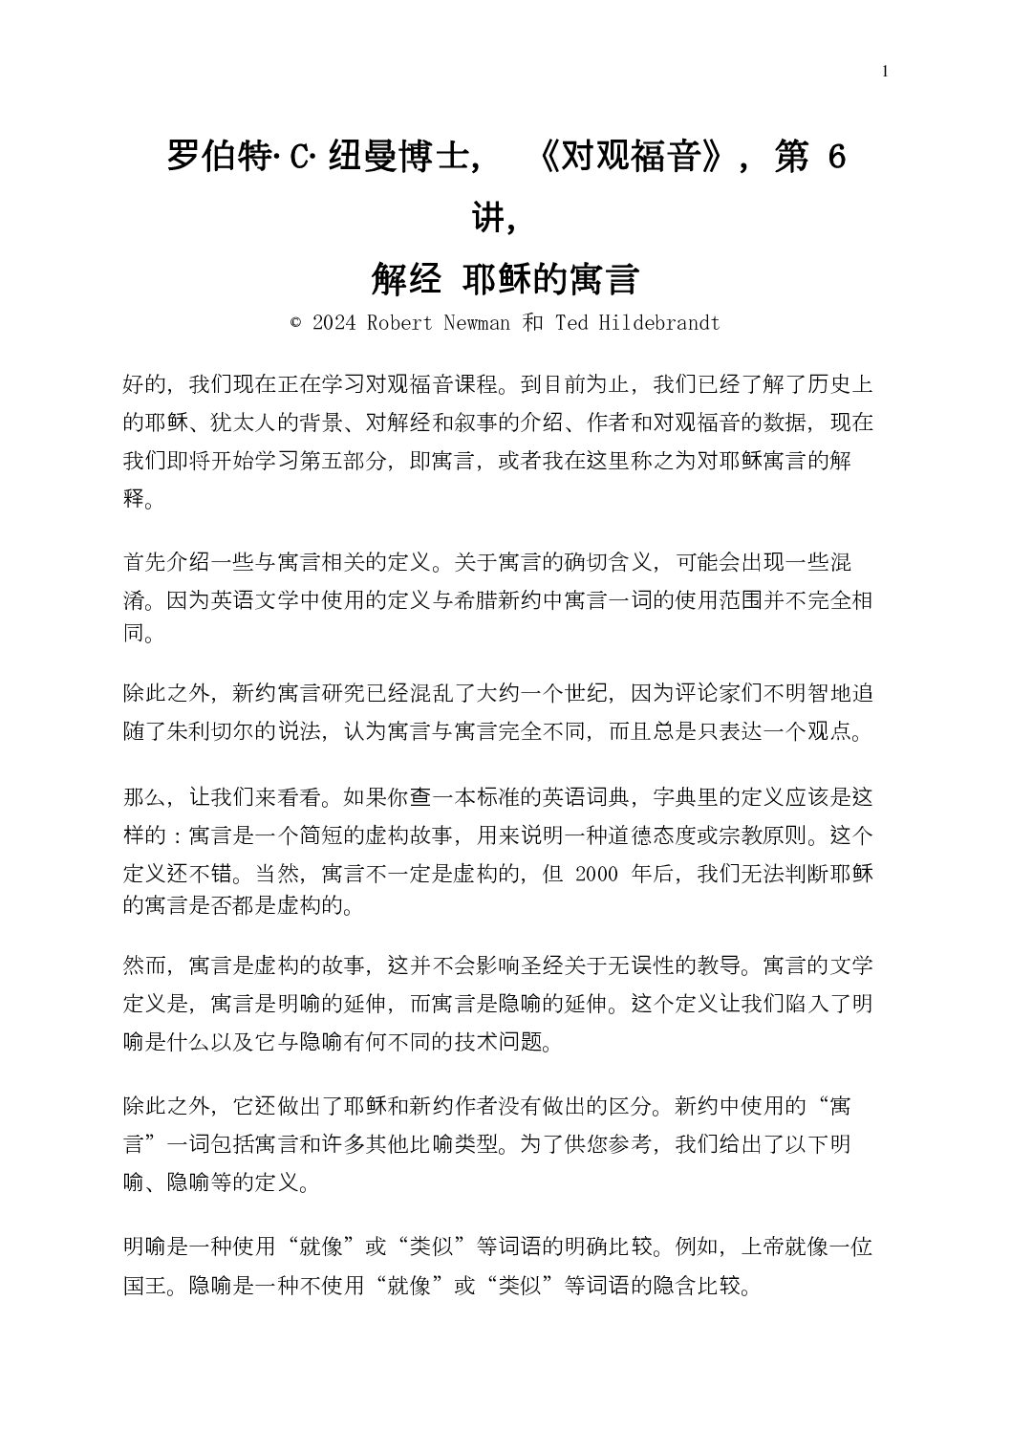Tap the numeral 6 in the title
[837, 157]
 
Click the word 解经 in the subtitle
[406, 280]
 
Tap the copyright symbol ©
[295, 323]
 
